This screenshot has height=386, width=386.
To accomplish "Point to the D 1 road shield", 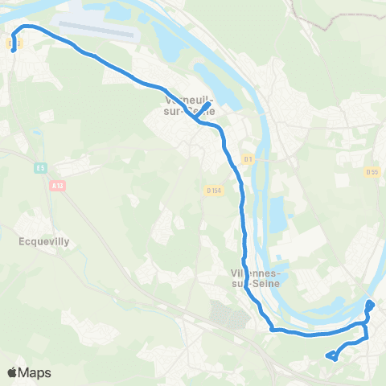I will coord(248,159).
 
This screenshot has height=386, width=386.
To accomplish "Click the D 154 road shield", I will coord(213,191).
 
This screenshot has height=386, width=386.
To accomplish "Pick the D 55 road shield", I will coord(371,171).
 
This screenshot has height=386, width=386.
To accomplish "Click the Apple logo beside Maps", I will coord(14,372).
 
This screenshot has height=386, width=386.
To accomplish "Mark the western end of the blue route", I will coord(13,51).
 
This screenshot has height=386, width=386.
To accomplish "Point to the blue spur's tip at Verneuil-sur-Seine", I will coord(209,105).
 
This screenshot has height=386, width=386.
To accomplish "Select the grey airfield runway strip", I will coord(97,31).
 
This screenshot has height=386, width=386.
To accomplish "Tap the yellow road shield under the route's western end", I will coord(14,44).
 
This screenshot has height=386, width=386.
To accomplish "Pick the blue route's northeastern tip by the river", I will coord(371,303).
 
